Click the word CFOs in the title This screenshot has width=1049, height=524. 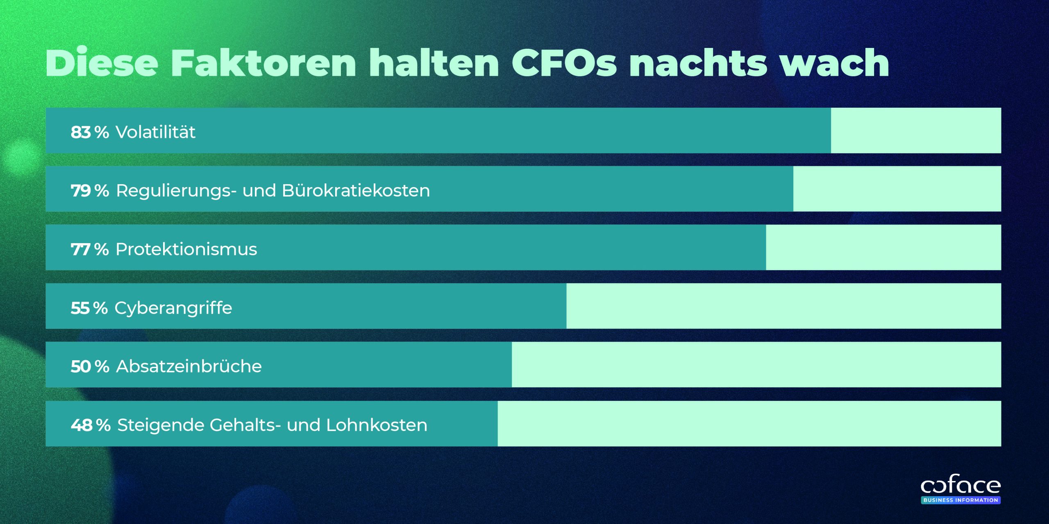pos(564,63)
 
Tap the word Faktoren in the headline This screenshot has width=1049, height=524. pos(263,63)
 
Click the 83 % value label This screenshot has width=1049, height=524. pos(90,132)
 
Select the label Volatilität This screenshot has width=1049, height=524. pos(155,132)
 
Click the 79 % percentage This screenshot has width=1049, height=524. pos(90,191)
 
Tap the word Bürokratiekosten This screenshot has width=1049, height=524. pos(356,191)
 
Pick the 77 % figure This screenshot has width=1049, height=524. pos(90,249)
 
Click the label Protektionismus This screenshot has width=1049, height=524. pos(186,249)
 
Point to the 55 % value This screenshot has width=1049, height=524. pos(89,308)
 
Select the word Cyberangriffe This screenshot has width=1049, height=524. pos(173,308)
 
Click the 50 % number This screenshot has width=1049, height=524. pos(90,366)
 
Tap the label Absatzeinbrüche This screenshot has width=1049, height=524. pos(189,366)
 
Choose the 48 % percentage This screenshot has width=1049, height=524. pos(91,425)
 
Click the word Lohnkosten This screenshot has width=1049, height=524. pos(377,425)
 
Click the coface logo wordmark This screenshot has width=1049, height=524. pos(960,486)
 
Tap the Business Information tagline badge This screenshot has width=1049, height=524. pos(960,500)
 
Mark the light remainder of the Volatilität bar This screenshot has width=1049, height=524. pos(916,131)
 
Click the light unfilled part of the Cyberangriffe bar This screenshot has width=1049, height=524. pos(783,306)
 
